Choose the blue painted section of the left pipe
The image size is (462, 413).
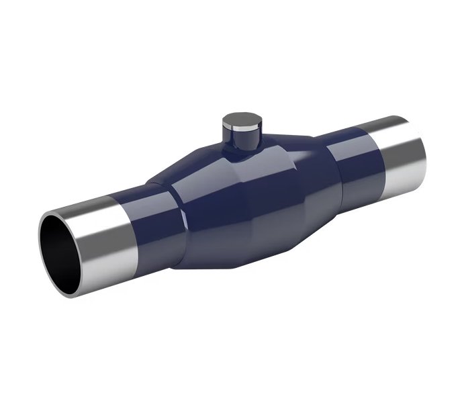[x=151, y=215]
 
